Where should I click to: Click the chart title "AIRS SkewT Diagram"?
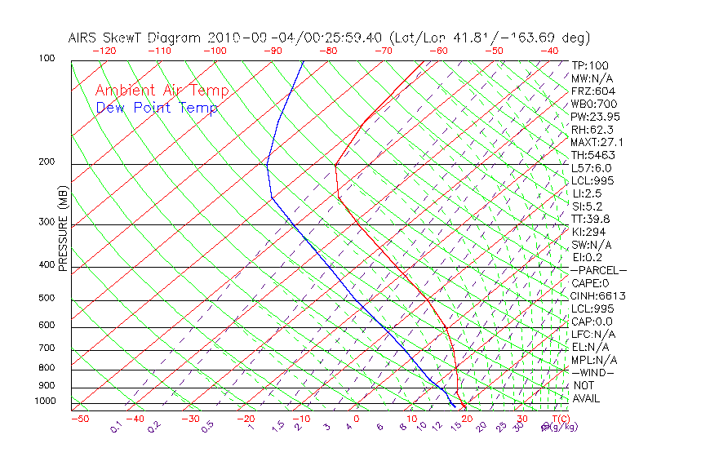pyautogui.click(x=135, y=38)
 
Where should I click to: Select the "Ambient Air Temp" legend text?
pyautogui.click(x=162, y=91)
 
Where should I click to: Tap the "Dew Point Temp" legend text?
pyautogui.click(x=157, y=108)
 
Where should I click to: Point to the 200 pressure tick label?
pyautogui.click(x=47, y=162)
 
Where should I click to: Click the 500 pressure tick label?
pyautogui.click(x=47, y=299)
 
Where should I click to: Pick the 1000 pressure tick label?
pyautogui.click(x=46, y=402)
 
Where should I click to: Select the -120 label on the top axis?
pyautogui.click(x=104, y=51)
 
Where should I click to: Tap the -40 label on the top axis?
pyautogui.click(x=550, y=51)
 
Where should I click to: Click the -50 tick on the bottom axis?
pyautogui.click(x=79, y=419)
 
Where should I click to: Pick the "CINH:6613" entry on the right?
pyautogui.click(x=599, y=295)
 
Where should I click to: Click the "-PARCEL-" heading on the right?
pyautogui.click(x=598, y=270)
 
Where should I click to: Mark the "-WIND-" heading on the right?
pyautogui.click(x=592, y=372)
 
